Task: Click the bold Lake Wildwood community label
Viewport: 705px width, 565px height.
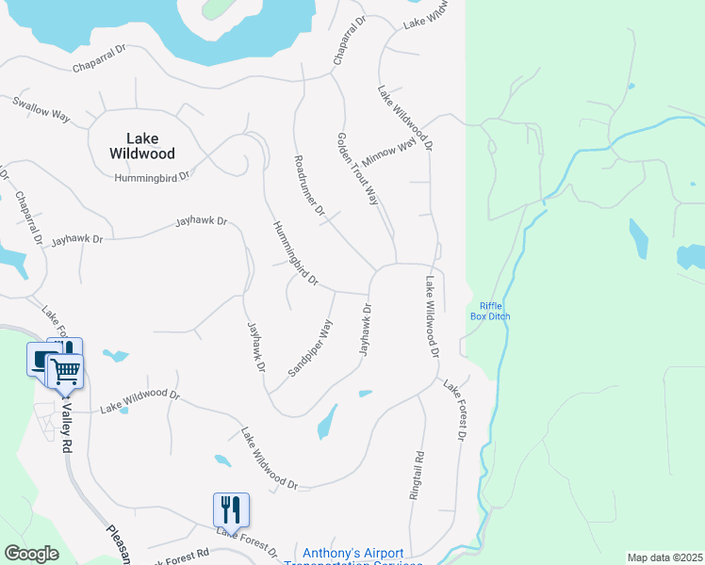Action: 142,144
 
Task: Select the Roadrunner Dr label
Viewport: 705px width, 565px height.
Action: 309,184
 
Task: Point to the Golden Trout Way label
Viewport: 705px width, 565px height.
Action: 358,169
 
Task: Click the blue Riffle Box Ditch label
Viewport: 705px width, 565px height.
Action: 490,311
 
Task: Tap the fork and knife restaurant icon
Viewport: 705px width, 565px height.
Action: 231,509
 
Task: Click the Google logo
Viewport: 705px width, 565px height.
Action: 31,554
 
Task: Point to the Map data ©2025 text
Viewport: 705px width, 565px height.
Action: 664,557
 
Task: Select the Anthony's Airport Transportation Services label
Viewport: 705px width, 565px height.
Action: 352,554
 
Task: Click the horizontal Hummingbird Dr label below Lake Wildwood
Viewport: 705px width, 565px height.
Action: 153,177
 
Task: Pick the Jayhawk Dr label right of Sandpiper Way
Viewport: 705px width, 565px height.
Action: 366,329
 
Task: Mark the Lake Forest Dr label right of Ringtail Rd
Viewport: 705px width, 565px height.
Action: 456,410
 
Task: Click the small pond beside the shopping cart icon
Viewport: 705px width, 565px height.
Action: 116,355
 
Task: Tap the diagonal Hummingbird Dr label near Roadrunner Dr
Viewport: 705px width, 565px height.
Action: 296,253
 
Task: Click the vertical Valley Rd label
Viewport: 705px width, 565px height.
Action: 67,424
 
